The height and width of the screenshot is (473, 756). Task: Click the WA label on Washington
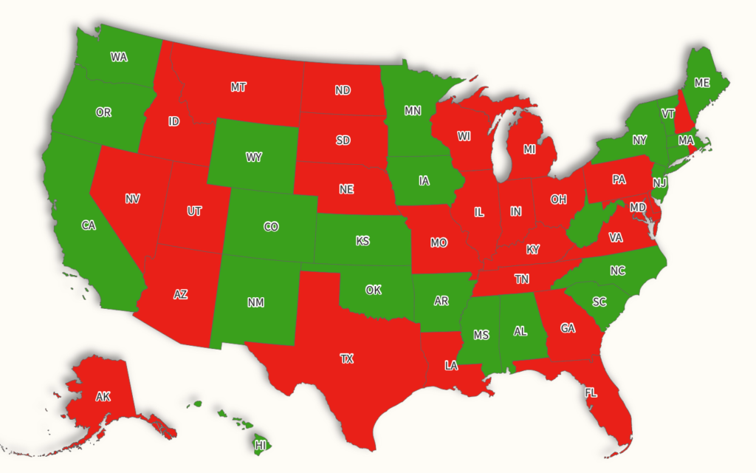coord(119,57)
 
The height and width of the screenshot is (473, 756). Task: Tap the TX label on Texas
coord(347,359)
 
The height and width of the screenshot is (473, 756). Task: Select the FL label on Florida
coord(591,392)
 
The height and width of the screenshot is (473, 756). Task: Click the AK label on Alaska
coord(103,397)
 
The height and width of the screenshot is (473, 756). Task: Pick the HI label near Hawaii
coord(260,445)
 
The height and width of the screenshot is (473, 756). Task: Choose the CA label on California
coord(89,225)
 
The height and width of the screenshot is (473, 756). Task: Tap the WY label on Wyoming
coord(254,157)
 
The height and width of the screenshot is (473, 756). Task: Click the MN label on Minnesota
coord(413,112)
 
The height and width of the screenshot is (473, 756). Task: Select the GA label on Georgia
coord(568,328)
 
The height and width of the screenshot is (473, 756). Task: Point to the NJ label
coord(659,182)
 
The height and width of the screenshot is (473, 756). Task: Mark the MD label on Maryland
coord(638,208)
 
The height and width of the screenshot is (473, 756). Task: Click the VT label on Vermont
coord(668,114)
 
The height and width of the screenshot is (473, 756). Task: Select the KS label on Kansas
coord(362,241)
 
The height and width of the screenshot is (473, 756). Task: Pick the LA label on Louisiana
coord(450,365)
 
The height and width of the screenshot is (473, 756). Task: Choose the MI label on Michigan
coord(529,149)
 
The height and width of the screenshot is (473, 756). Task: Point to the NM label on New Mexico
coord(256,302)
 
